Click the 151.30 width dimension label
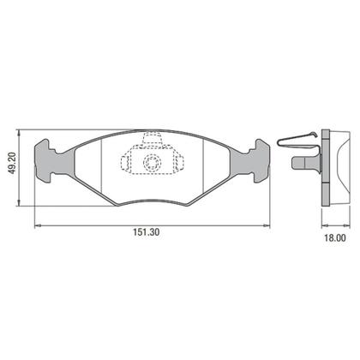point(147,232)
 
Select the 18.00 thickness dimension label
point(335,238)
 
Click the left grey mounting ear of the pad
point(53,161)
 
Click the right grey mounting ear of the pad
point(250,161)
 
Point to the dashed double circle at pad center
point(152,162)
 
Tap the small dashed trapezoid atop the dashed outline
point(152,138)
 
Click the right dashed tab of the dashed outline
point(179,162)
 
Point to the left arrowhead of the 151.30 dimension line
point(37,225)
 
